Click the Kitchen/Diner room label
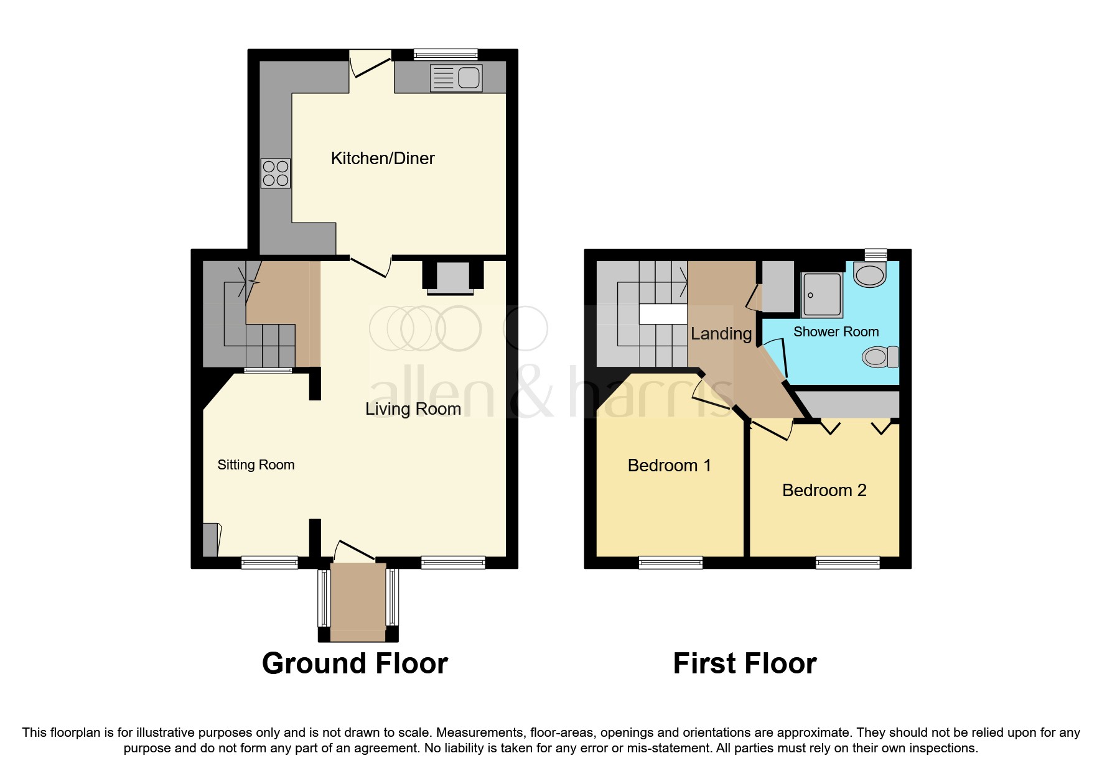(382, 159)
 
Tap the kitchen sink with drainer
(456, 78)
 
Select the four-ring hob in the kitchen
(276, 173)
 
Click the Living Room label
(413, 409)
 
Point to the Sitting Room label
(256, 465)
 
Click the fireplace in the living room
(453, 277)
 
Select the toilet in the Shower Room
(880, 357)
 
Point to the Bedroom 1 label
(669, 466)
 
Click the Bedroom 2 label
(824, 491)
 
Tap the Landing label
(721, 334)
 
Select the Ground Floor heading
(355, 663)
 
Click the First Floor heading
(744, 663)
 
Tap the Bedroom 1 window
(670, 563)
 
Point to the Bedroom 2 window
(848, 563)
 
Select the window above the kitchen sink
(446, 55)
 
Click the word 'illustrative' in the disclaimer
(238, 732)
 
